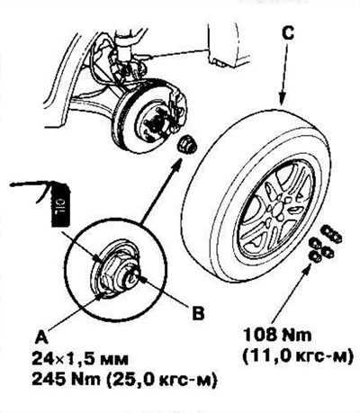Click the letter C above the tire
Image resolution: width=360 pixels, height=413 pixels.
coord(288,33)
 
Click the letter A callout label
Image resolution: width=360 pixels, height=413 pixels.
coord(41,338)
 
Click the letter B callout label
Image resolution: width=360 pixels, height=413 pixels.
coord(198,313)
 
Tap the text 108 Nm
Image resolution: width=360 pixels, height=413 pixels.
coord(277,335)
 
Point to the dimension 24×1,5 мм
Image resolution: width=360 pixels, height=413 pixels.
coord(80,359)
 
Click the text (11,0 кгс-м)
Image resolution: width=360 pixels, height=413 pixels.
coord(297,356)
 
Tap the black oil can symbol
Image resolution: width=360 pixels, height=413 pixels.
coord(61,205)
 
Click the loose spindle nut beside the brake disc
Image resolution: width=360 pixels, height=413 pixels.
coord(184,145)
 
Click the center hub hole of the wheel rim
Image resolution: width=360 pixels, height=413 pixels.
coord(275,209)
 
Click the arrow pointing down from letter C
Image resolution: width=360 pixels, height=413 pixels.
coord(283,75)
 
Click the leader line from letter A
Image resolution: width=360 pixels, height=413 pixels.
coord(73,313)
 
